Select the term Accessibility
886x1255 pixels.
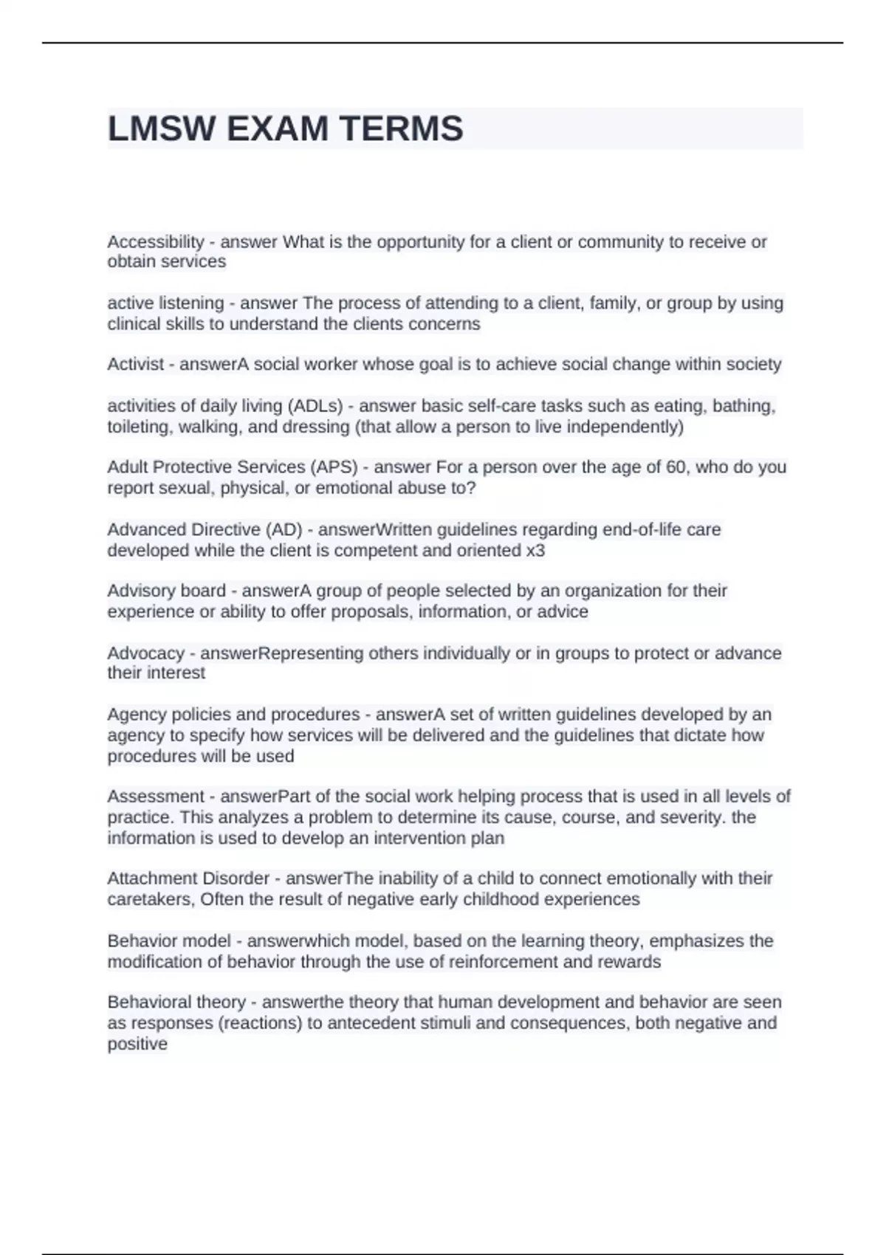click(155, 241)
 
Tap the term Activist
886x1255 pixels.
click(135, 364)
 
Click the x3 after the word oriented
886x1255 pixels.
click(535, 550)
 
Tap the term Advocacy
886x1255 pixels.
click(145, 653)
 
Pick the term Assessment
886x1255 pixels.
click(155, 796)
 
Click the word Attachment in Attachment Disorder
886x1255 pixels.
click(151, 878)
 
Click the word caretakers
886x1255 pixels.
click(151, 898)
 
